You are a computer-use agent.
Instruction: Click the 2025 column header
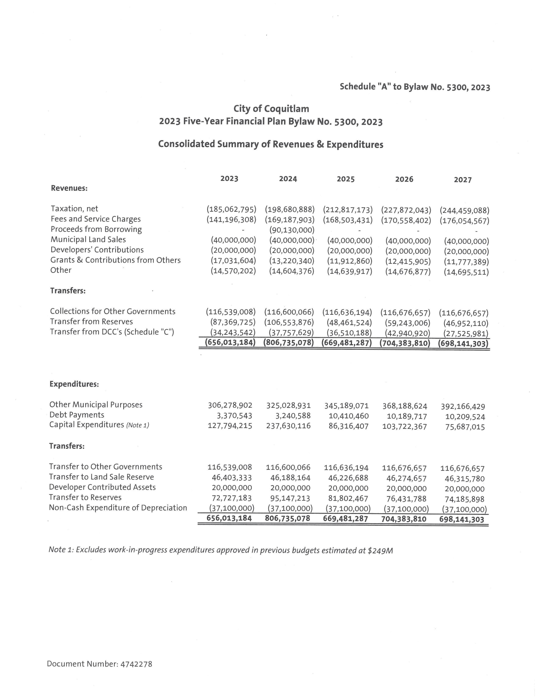coord(346,179)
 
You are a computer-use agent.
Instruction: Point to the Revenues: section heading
coord(69,188)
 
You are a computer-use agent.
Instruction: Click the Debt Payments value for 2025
coord(349,416)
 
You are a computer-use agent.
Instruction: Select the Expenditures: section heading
coord(74,384)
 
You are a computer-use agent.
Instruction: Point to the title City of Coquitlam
coord(271,109)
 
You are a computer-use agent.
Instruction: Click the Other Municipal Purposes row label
coord(96,405)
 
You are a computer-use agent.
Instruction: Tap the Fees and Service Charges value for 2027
coord(464,221)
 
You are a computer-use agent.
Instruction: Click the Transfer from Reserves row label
coord(91,322)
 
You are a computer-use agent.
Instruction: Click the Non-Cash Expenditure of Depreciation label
coord(118,508)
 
